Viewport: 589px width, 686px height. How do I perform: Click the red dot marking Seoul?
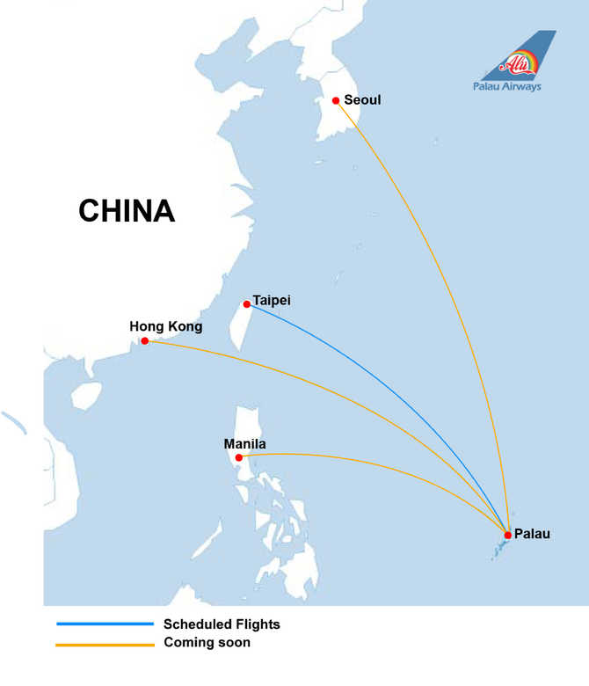pyautogui.click(x=336, y=100)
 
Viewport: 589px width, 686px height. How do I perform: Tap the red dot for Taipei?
pyautogui.click(x=247, y=305)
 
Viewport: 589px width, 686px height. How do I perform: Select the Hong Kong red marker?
pyautogui.click(x=145, y=341)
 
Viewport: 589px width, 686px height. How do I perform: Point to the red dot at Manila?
pyautogui.click(x=239, y=457)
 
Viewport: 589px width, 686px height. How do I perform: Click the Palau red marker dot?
pyautogui.click(x=508, y=535)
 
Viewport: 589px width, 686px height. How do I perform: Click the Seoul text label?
pyautogui.click(x=363, y=99)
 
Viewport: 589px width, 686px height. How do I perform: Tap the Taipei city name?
pyautogui.click(x=272, y=301)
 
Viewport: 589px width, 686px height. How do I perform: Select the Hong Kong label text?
pyautogui.click(x=166, y=326)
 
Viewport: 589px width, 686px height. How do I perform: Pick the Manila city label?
pyautogui.click(x=244, y=444)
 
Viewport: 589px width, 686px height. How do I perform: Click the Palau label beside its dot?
pyautogui.click(x=532, y=534)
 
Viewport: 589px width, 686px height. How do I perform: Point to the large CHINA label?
pyautogui.click(x=127, y=211)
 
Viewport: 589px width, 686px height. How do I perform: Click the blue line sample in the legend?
pyautogui.click(x=105, y=624)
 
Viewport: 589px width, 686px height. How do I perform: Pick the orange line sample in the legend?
pyautogui.click(x=105, y=645)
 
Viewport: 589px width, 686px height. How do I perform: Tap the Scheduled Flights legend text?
pyautogui.click(x=222, y=624)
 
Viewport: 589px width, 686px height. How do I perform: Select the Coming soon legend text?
pyautogui.click(x=207, y=643)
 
